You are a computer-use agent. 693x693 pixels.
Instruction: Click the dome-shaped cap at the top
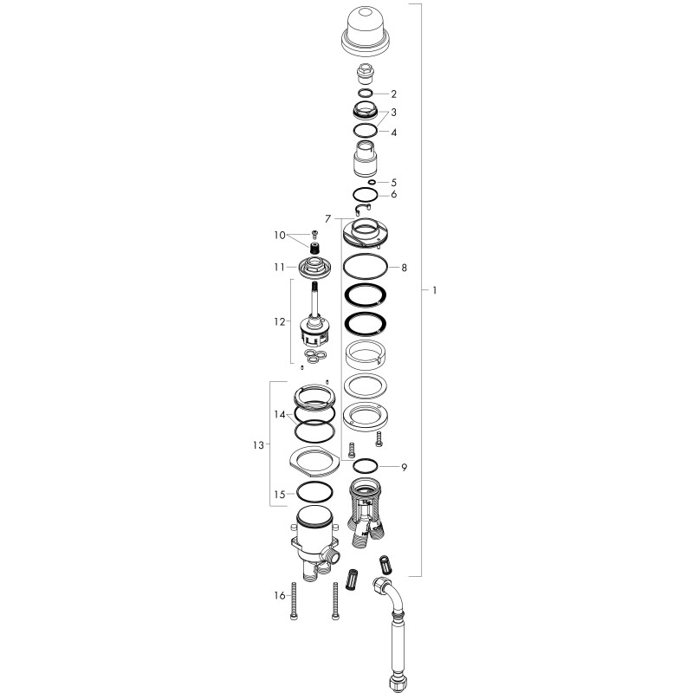pyautogui.click(x=366, y=31)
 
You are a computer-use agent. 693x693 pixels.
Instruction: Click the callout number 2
pyautogui.click(x=394, y=94)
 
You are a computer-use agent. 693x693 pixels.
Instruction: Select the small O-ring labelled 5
pyautogui.click(x=372, y=182)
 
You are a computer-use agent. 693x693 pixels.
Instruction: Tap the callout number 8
pyautogui.click(x=404, y=268)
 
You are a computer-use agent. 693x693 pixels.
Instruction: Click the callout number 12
pyautogui.click(x=279, y=321)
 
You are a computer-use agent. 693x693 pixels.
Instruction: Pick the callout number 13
pyautogui.click(x=258, y=445)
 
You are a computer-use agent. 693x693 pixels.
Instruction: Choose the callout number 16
pyautogui.click(x=279, y=596)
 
